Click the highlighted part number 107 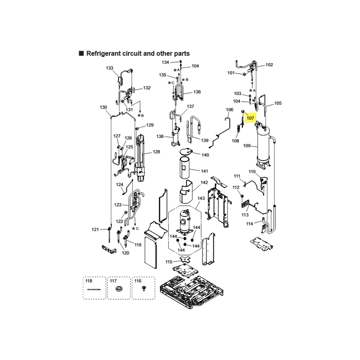click(250, 118)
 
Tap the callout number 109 click(247, 145)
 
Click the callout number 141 click(204, 171)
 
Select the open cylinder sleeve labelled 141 click(184, 168)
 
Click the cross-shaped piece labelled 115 click(185, 260)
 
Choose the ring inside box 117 click(119, 289)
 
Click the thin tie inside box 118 click(94, 289)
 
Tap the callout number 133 click(109, 68)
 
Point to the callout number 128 click(156, 152)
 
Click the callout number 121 click(95, 229)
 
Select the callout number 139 click(205, 140)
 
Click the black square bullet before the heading click(81, 54)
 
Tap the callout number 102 click(269, 65)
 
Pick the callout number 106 click(229, 110)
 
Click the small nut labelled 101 click(244, 74)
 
